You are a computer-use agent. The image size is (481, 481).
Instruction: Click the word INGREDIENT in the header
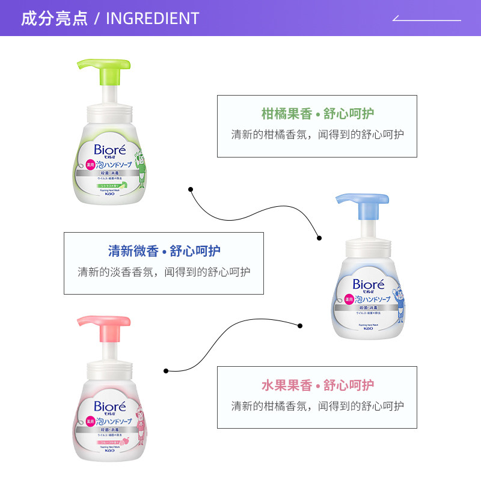[152, 19]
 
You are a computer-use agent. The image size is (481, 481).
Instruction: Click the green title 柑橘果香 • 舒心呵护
[317, 114]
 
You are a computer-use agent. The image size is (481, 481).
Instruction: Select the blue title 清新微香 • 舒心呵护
[164, 251]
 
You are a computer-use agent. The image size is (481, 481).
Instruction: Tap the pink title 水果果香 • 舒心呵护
[317, 385]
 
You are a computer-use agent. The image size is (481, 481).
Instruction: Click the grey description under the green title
[317, 135]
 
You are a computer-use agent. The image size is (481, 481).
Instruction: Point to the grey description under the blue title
[164, 272]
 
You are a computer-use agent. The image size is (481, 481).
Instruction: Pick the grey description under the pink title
[317, 406]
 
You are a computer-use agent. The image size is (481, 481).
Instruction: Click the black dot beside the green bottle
[191, 189]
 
